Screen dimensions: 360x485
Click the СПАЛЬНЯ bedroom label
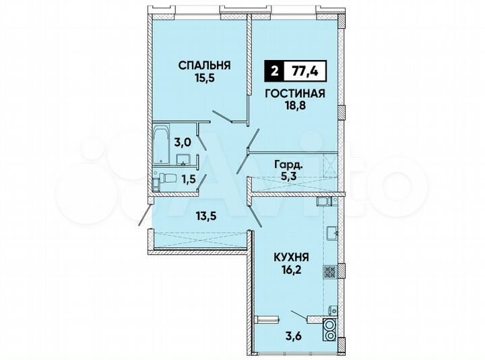click(x=204, y=65)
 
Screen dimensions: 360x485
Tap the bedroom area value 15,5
click(x=204, y=78)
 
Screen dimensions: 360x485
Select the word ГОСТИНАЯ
click(x=294, y=94)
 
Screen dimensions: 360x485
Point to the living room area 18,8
click(x=294, y=107)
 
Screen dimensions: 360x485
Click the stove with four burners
click(x=330, y=272)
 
